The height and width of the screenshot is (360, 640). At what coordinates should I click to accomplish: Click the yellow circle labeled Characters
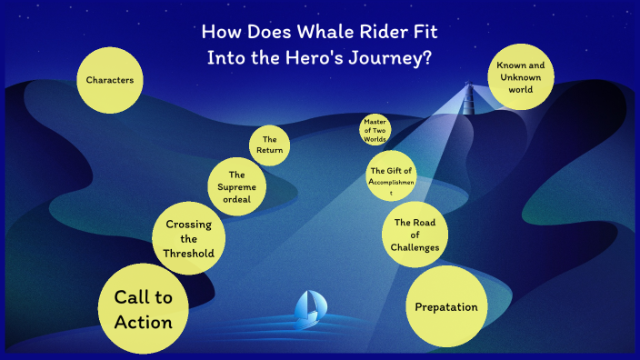110,81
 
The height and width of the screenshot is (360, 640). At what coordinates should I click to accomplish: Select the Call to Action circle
143,310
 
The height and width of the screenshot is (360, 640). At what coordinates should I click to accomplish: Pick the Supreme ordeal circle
237,186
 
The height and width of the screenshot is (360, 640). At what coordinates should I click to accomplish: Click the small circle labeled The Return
270,145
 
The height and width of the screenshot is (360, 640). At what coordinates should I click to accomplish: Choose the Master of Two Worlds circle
375,130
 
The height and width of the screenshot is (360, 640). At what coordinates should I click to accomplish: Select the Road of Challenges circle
416,234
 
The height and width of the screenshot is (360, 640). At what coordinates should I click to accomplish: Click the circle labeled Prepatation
445,306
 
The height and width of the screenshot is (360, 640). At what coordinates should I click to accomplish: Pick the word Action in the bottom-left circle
143,323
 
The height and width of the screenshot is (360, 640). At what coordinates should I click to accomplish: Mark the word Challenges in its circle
416,247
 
